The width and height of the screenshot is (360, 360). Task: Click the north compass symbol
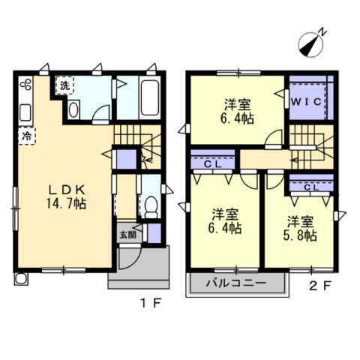(310, 46)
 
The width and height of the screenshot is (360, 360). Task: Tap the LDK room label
(67, 190)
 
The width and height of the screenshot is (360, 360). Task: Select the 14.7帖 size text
(66, 203)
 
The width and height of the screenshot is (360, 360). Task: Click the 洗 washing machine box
(64, 85)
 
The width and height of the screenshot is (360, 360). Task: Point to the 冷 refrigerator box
(27, 136)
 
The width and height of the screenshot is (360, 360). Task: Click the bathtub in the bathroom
(149, 97)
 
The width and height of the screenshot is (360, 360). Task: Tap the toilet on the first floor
(151, 207)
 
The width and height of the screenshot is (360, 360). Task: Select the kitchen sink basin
(25, 112)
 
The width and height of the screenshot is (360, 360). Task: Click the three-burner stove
(25, 84)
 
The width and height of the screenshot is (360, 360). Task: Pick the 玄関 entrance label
(127, 235)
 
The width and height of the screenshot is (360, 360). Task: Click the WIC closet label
(307, 102)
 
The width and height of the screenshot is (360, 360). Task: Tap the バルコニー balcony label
(236, 283)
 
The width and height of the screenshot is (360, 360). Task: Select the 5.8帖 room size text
(300, 235)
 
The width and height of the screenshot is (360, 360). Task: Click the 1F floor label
(151, 304)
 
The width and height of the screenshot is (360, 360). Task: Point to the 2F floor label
(321, 286)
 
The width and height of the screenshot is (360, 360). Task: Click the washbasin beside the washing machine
(73, 109)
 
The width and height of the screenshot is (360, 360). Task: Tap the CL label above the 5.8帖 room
(311, 187)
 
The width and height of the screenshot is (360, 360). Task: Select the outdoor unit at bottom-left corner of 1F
(22, 278)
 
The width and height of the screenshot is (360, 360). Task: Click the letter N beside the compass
(322, 31)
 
